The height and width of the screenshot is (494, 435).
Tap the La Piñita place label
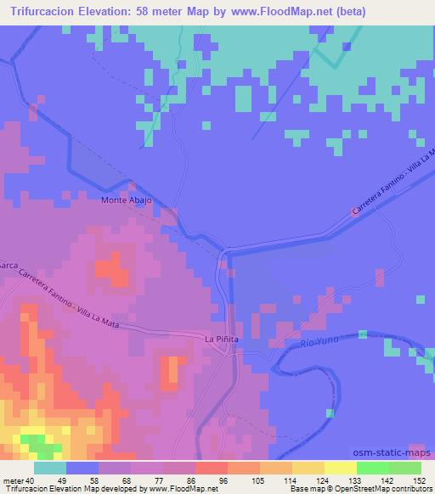pos(222,339)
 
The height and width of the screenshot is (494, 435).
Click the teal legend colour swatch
pos(50,468)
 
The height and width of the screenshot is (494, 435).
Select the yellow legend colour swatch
pos(340,468)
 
